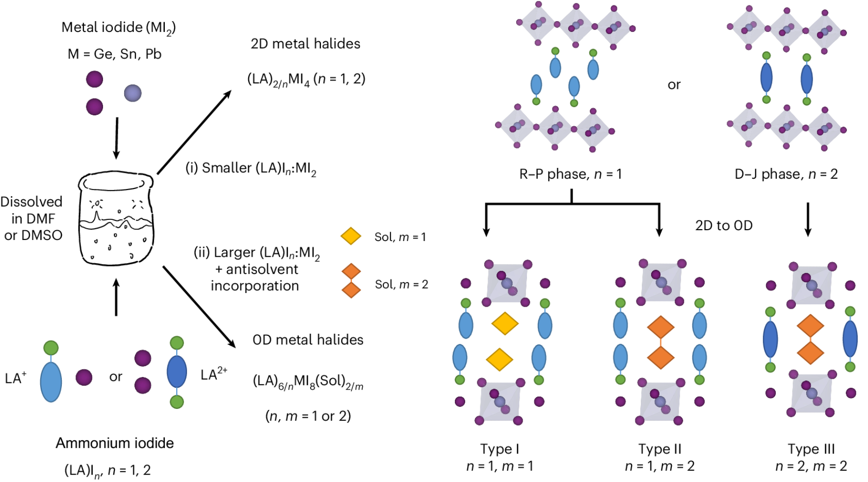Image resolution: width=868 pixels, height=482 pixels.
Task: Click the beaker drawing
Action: [x=116, y=218]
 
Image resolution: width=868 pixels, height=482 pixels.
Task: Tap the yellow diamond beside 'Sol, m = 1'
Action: [x=351, y=236]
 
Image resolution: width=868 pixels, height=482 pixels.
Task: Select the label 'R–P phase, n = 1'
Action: [x=570, y=174]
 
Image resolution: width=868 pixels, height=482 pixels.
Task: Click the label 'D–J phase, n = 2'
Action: [x=786, y=174]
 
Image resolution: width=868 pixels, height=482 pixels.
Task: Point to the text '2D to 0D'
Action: [x=724, y=225]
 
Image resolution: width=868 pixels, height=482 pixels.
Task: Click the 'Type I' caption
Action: [x=500, y=449]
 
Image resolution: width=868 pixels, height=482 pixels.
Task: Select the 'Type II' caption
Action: [x=659, y=449]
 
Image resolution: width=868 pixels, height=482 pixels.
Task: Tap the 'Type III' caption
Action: [x=811, y=449]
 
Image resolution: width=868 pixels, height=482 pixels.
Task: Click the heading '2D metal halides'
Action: [x=305, y=44]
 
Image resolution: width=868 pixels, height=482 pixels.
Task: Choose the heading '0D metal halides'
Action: [x=308, y=340]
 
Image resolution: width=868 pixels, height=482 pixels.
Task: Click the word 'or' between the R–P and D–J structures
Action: [x=674, y=85]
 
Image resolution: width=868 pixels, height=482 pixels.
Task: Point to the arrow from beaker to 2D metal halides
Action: [x=194, y=132]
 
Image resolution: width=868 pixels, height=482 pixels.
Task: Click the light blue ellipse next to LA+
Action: [x=51, y=382]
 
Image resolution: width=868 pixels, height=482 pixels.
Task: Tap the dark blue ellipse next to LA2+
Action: [x=177, y=372]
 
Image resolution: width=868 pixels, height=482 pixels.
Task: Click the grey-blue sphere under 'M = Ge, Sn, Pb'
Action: [x=133, y=93]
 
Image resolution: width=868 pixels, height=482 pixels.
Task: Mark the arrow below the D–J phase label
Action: [x=808, y=219]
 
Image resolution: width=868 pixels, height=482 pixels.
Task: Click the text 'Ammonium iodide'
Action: [x=114, y=443]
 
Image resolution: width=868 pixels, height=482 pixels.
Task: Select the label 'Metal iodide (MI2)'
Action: [x=118, y=28]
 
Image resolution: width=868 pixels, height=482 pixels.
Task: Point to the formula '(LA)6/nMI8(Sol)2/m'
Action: [x=308, y=382]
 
